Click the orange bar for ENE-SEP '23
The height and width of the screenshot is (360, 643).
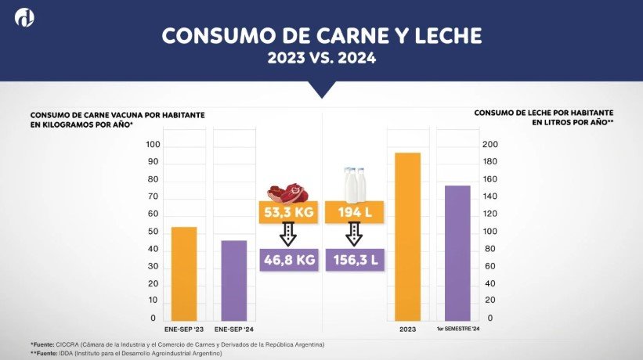(x=184, y=274)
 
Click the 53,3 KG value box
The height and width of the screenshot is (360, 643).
(x=287, y=212)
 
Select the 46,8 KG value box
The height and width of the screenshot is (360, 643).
(x=287, y=259)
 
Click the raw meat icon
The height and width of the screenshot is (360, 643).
(x=284, y=191)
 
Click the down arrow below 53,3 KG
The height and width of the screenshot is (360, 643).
(x=287, y=235)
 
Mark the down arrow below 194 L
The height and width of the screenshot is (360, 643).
(x=353, y=235)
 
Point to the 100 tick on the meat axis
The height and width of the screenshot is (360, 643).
(x=152, y=145)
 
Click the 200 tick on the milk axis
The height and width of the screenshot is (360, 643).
(x=489, y=145)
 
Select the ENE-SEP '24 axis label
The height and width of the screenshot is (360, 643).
(x=233, y=330)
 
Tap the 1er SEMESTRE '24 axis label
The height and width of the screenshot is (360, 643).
(x=457, y=330)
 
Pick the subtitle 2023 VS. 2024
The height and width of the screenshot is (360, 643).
(x=321, y=57)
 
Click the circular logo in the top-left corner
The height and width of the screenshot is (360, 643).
(x=27, y=19)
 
